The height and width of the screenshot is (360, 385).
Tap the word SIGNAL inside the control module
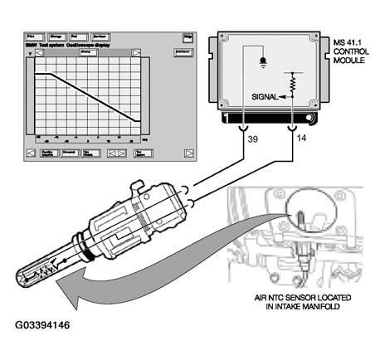[263, 96]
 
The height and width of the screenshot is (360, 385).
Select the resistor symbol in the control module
[292, 83]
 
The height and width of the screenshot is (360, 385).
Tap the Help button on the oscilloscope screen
[188, 38]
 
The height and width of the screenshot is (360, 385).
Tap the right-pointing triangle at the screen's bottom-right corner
[188, 153]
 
